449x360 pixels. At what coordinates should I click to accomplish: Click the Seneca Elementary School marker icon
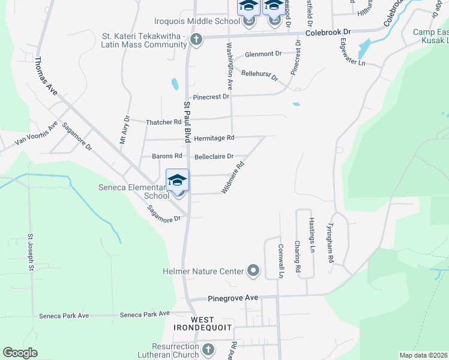(177, 181)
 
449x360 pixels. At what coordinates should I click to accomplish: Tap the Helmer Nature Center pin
(253, 271)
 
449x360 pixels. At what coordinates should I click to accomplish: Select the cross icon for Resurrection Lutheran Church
(208, 349)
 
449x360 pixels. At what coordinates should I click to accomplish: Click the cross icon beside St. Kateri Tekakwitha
(195, 40)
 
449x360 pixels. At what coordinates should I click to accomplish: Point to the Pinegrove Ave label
(233, 298)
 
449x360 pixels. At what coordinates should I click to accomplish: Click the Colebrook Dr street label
(328, 32)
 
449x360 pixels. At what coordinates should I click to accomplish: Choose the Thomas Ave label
(46, 76)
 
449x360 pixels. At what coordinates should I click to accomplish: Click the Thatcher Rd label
(163, 122)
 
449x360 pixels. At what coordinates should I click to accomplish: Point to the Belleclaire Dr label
(214, 157)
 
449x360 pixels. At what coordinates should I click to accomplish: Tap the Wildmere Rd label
(233, 177)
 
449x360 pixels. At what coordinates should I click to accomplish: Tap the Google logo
(20, 353)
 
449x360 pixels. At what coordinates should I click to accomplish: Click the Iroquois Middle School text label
(188, 21)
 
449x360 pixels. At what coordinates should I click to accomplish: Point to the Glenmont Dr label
(262, 54)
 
